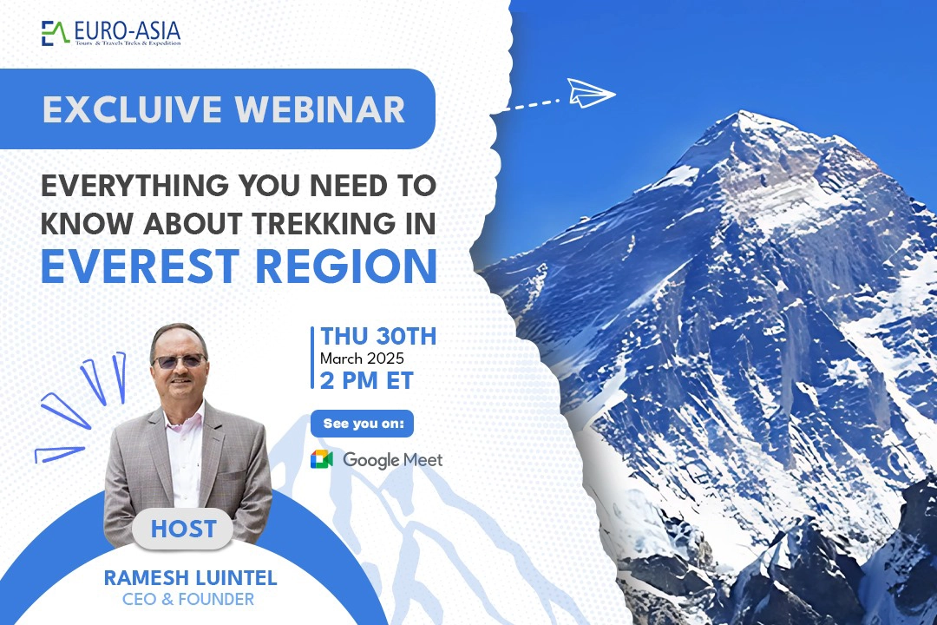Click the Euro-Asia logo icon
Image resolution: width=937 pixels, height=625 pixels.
56,33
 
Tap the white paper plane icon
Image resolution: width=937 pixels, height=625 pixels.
591,92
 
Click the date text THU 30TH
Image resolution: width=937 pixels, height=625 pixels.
378,336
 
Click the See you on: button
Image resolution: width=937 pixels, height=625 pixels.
362,424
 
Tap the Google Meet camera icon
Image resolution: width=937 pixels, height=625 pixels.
322,459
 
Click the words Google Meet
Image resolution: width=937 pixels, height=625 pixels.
392,460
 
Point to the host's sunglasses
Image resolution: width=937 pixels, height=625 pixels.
178,360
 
